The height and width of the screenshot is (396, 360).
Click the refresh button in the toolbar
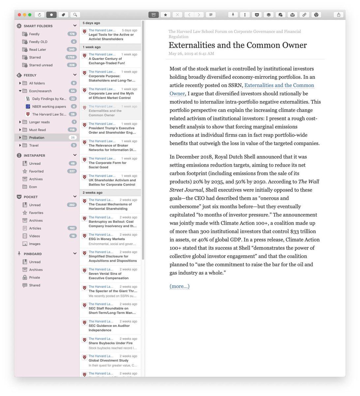[x=40, y=15]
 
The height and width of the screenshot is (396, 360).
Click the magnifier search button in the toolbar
[x=75, y=15]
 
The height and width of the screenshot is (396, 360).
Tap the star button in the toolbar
[x=165, y=15]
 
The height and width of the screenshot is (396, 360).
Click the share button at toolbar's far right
[x=339, y=15]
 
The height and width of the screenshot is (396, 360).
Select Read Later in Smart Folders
[x=37, y=49]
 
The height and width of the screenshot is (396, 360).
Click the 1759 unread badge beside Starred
[x=71, y=57]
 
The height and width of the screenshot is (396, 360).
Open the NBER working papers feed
[x=49, y=107]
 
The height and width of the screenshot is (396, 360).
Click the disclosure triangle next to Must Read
[x=20, y=130]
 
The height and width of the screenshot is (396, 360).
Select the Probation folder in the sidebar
[x=37, y=138]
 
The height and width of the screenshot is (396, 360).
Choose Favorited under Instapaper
[x=36, y=171]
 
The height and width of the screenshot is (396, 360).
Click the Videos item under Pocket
[x=34, y=236]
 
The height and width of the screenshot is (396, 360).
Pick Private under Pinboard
[x=34, y=278]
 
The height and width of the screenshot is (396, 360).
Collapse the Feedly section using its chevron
[x=75, y=75]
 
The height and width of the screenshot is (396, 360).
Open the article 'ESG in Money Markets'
[x=106, y=239]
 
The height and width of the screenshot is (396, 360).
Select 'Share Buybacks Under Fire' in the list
[x=110, y=343]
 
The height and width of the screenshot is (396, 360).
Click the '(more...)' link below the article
[x=179, y=286]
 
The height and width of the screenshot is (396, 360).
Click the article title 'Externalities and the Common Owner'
[x=237, y=45]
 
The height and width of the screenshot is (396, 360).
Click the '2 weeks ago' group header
[x=93, y=193]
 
